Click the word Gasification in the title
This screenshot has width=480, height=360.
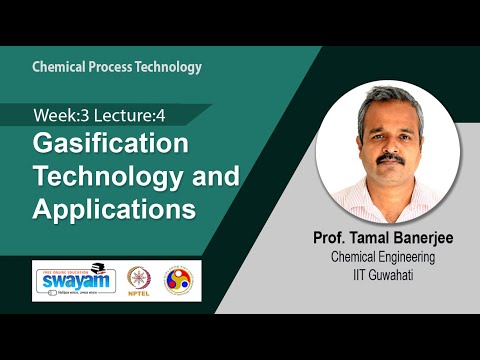tap(111, 142)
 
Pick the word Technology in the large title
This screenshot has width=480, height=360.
tap(109, 177)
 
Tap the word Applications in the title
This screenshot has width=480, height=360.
tap(113, 211)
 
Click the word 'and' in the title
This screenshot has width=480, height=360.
tap(216, 177)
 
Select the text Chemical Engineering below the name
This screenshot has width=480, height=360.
tap(388, 257)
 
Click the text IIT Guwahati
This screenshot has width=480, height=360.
tap(388, 273)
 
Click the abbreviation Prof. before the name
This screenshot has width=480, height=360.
tap(327, 239)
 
